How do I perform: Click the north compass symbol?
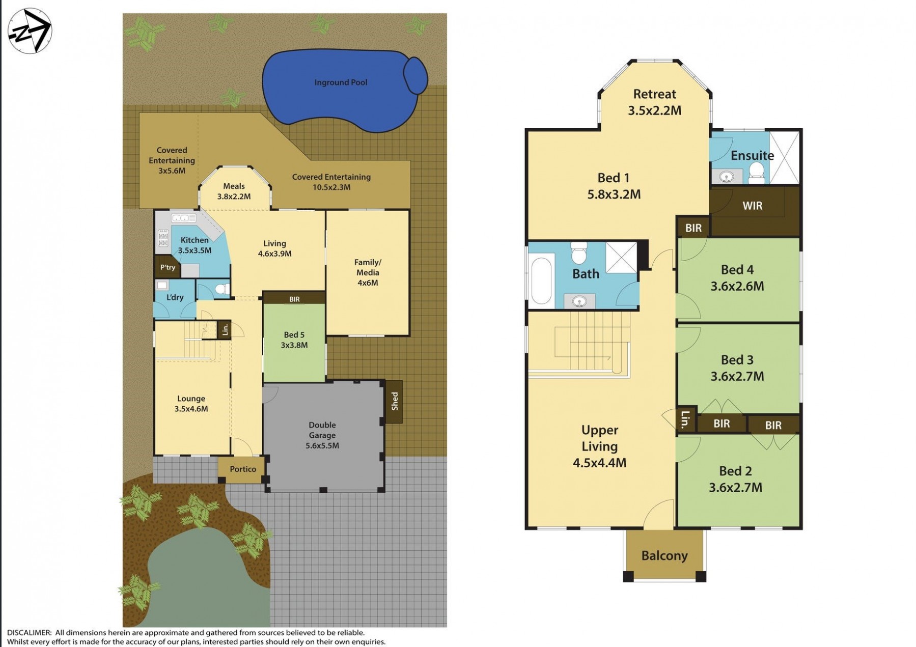click(30, 31)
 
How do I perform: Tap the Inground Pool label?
click(341, 82)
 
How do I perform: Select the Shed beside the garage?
click(394, 402)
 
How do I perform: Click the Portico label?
click(243, 469)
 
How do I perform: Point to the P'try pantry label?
click(168, 267)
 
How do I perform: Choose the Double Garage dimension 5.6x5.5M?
click(322, 446)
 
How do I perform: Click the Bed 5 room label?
click(294, 334)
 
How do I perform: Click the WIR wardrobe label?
click(753, 206)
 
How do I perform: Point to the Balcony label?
click(664, 555)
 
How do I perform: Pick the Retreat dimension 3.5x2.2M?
click(655, 110)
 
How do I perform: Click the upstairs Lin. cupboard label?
click(686, 419)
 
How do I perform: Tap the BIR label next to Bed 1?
click(693, 228)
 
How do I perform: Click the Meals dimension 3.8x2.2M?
click(234, 196)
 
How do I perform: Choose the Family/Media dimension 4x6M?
click(368, 283)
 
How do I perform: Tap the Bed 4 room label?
click(737, 270)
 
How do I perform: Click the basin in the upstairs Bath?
click(579, 302)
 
